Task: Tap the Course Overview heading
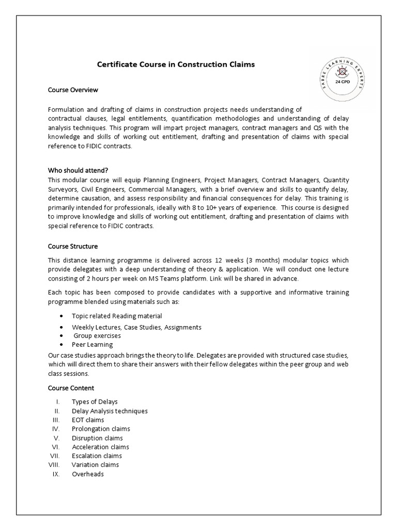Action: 73,90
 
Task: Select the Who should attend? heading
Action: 78,170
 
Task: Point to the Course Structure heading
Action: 73,246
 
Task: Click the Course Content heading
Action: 71,388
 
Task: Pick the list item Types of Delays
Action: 95,402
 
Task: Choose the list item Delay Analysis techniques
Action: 110,411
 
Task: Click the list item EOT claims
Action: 88,420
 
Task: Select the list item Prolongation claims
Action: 101,429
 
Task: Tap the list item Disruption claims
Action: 97,438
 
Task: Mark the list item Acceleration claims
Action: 100,447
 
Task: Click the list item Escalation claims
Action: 97,456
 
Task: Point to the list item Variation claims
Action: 96,465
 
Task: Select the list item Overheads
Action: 88,474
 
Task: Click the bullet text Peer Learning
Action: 92,345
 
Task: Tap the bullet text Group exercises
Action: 97,336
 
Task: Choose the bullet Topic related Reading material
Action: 117,316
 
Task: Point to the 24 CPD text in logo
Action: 342,82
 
